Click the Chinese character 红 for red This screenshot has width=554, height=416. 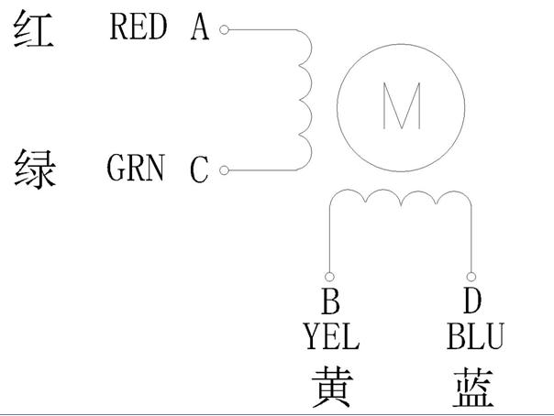tap(34, 28)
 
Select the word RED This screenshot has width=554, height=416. tap(138, 26)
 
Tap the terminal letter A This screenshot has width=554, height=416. tap(200, 27)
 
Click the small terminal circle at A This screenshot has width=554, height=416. tap(224, 29)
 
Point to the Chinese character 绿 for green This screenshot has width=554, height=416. tap(35, 169)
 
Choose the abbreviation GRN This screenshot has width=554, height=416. tap(136, 168)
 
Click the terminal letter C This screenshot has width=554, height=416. tap(199, 170)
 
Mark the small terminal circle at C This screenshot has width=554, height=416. tap(224, 170)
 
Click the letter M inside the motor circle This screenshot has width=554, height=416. tap(402, 105)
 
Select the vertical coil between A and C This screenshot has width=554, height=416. tap(311, 100)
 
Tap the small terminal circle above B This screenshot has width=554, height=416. tap(329, 277)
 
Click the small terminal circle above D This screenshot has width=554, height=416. tap(471, 277)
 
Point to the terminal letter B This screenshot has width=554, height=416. tap(331, 301)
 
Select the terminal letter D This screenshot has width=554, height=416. tap(472, 301)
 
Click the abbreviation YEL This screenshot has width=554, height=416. tap(332, 336)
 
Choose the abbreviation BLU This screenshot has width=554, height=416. tap(475, 336)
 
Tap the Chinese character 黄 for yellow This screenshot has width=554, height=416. tap(332, 387)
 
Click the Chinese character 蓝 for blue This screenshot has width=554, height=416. tap(473, 387)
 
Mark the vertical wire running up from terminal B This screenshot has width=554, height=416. tap(329, 238)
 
